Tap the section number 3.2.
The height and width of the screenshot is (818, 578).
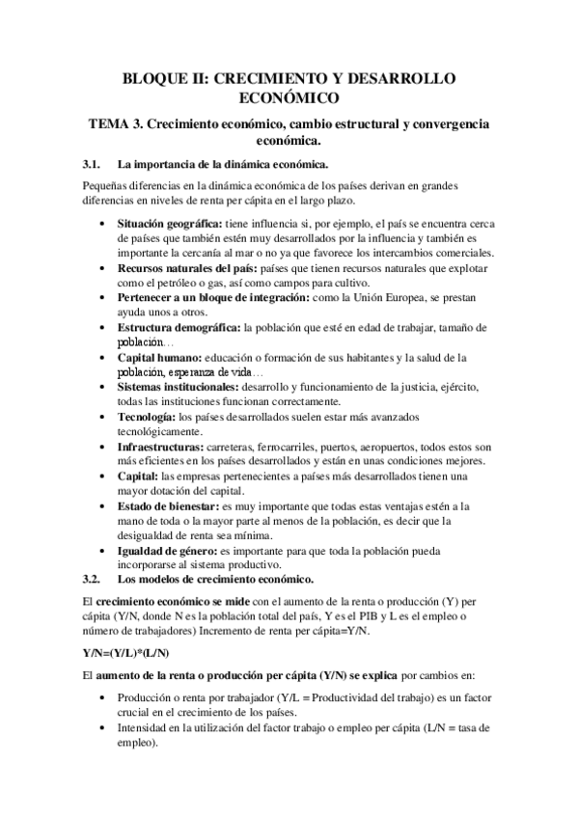pyautogui.click(x=93, y=579)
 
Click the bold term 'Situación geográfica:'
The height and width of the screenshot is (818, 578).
pyautogui.click(x=170, y=224)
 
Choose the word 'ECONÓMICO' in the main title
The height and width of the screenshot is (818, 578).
pyautogui.click(x=289, y=98)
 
